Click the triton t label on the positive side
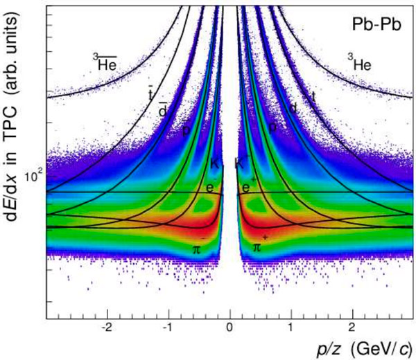tap(313, 97)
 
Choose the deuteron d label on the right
tap(294, 109)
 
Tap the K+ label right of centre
tap(240, 163)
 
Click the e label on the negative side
tap(210, 187)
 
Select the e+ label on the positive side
tap(246, 187)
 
